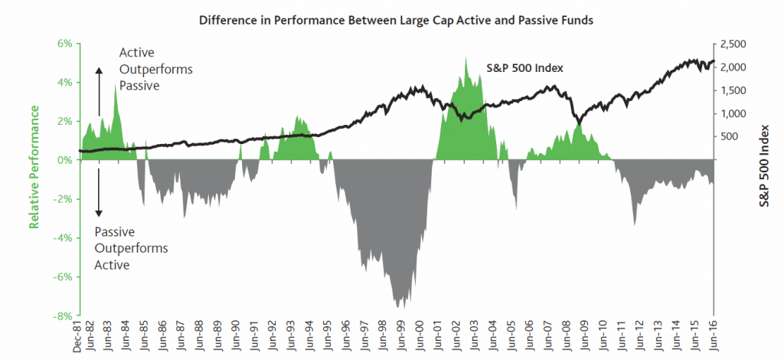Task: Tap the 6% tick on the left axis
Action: click(x=63, y=44)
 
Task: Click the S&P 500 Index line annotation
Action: click(x=525, y=68)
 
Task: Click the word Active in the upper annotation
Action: click(x=136, y=53)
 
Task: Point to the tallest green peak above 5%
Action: click(x=465, y=58)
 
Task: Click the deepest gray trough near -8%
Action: click(x=398, y=306)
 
